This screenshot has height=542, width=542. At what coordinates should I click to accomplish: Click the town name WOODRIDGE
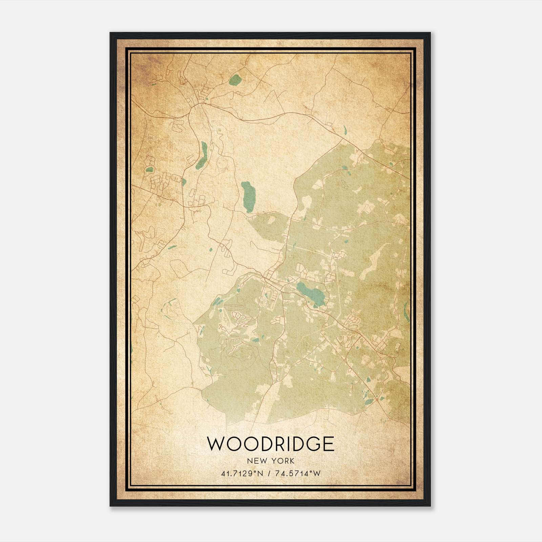pyautogui.click(x=270, y=444)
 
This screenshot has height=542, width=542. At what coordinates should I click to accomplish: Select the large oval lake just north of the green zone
pyautogui.click(x=248, y=196)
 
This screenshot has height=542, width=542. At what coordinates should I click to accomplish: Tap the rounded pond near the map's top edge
pyautogui.click(x=235, y=80)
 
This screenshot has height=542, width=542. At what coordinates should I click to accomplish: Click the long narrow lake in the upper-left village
pyautogui.click(x=202, y=155)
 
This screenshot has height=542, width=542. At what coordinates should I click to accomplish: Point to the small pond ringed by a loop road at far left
pyautogui.click(x=149, y=169)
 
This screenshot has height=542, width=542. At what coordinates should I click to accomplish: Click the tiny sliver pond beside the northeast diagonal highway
pyautogui.click(x=345, y=130)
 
